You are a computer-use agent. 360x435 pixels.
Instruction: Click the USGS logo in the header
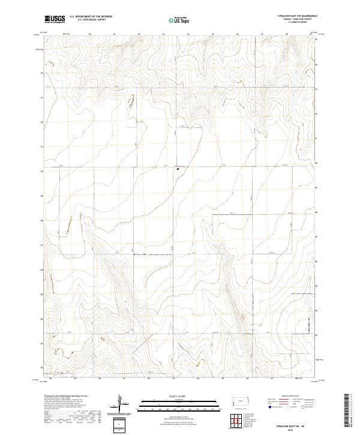55,20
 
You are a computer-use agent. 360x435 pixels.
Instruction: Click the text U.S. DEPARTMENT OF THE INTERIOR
91,16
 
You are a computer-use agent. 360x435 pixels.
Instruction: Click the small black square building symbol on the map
178,169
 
